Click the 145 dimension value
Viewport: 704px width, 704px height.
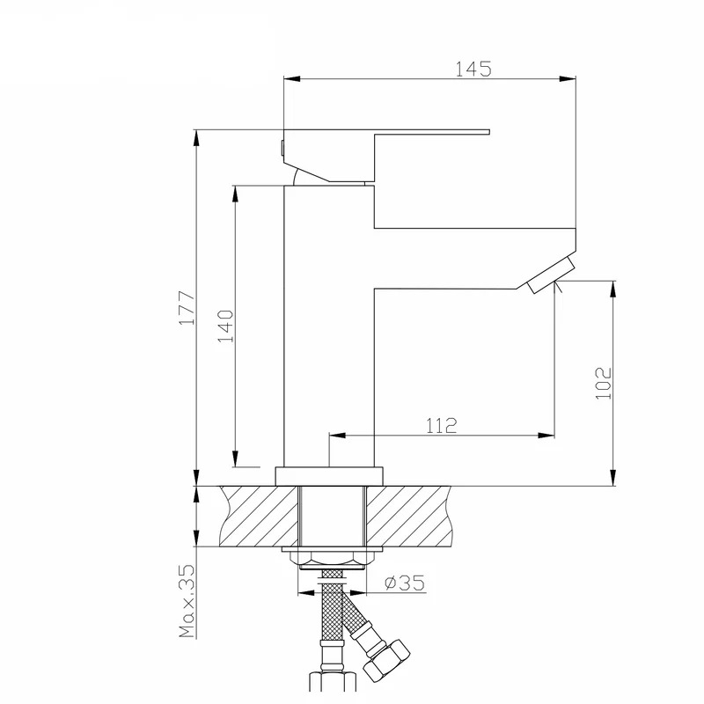(x=473, y=70)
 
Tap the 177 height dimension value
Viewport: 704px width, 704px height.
(x=187, y=308)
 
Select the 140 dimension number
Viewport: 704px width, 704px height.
(x=226, y=326)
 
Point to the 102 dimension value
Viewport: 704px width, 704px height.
(x=604, y=383)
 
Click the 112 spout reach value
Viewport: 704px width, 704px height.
(x=442, y=425)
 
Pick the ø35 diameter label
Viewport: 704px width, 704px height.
(x=405, y=583)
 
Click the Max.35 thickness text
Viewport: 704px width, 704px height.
(x=187, y=601)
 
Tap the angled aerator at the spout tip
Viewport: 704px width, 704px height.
(x=552, y=275)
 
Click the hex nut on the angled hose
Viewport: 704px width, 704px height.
(x=386, y=659)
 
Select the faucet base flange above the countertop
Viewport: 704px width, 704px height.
(x=329, y=476)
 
